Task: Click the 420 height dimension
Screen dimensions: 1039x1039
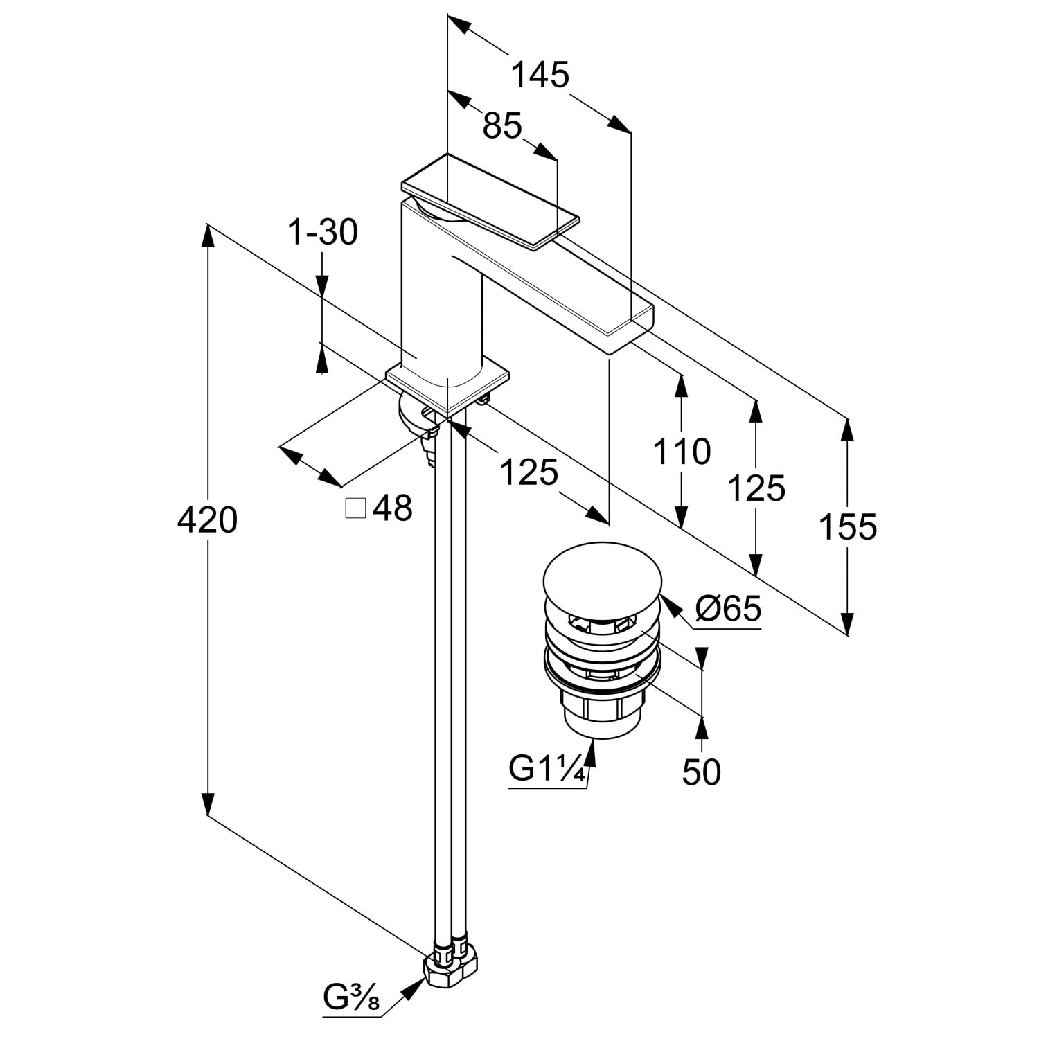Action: (x=207, y=519)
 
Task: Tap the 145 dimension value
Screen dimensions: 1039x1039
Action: (x=540, y=75)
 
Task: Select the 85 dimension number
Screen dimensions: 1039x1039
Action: (x=502, y=126)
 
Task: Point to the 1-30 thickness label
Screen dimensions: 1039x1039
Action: (x=323, y=233)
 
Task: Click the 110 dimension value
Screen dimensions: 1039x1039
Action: (x=682, y=452)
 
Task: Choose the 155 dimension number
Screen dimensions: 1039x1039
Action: (x=848, y=526)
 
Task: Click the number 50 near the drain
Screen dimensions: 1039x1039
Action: (x=702, y=772)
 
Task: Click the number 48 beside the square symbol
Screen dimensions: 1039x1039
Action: (x=393, y=508)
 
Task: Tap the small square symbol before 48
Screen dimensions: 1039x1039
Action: (x=355, y=508)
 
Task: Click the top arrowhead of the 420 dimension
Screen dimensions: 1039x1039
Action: (x=207, y=236)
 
